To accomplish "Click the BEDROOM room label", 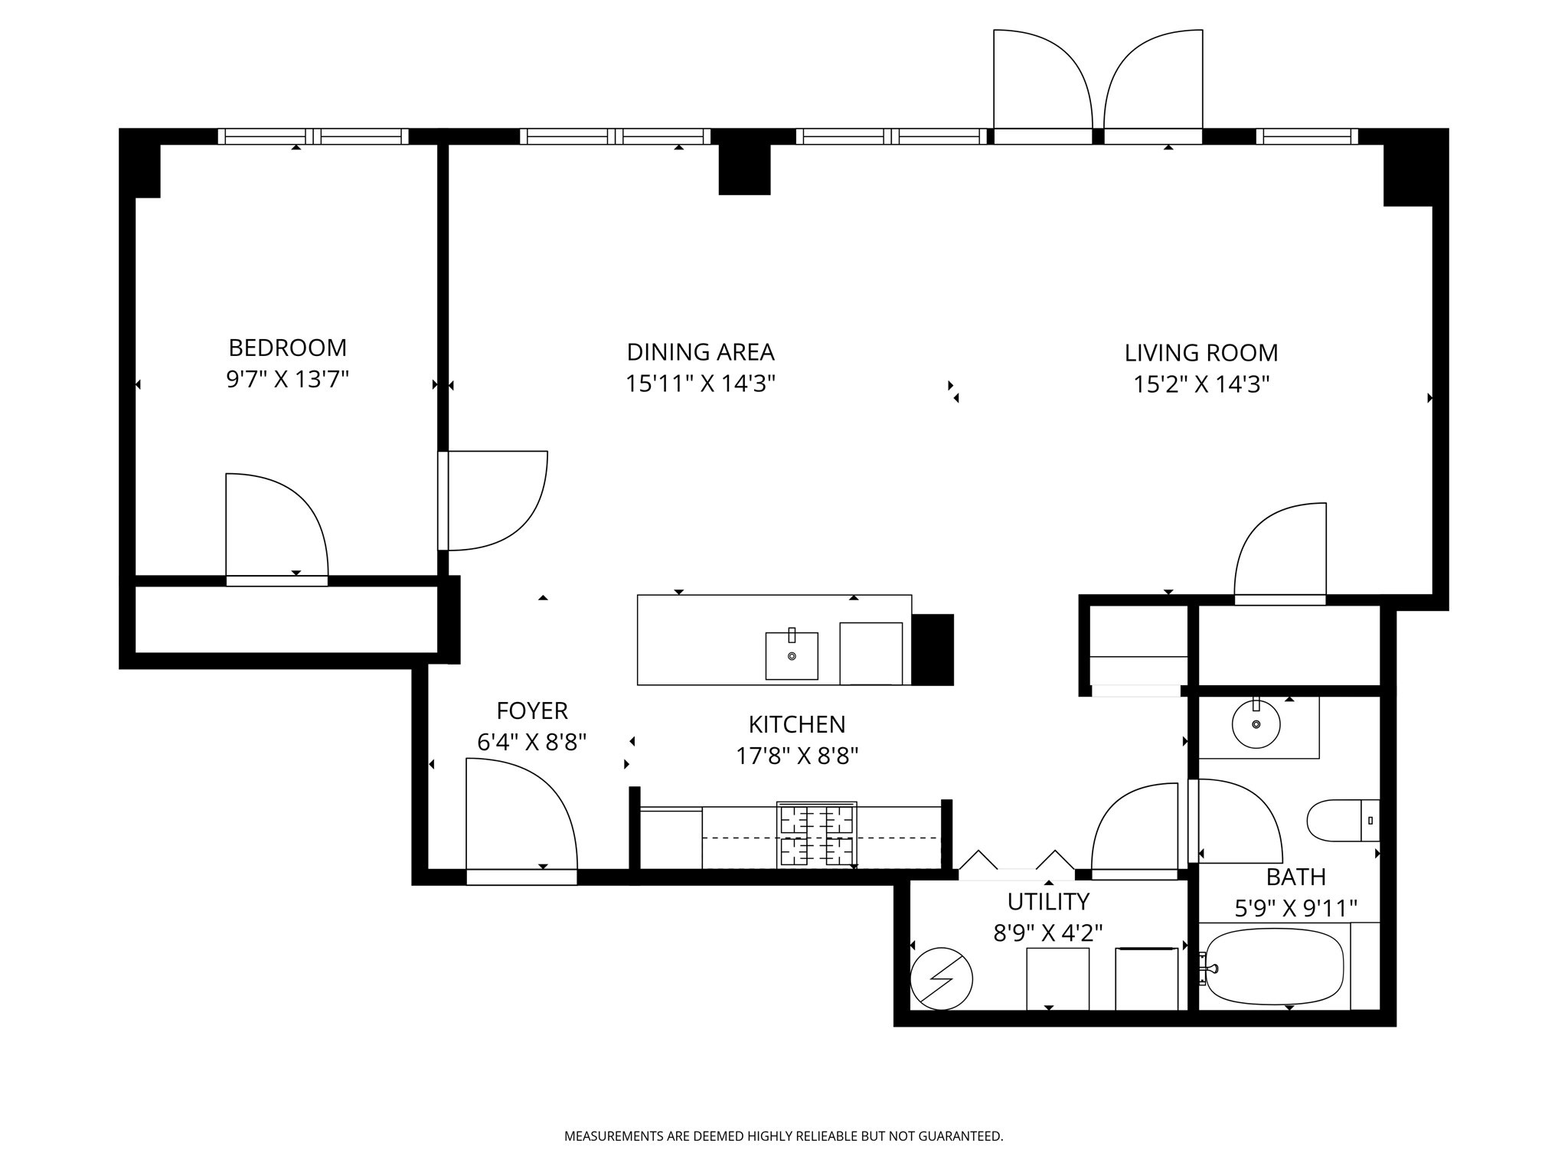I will pos(287,348).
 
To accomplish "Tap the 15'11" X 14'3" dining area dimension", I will pos(701,384).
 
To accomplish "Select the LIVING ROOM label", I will pos(1200,353).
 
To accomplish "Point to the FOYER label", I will pos(532,711).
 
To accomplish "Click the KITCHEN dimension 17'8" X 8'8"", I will pos(796,756).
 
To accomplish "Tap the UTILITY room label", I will pos(1047,902).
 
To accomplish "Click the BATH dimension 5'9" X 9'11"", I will pos(1295,909).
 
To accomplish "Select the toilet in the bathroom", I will pos(1342,820).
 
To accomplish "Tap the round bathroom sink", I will pos(1256,724).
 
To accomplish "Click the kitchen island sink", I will pos(792,656).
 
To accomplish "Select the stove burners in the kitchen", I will pos(816,835).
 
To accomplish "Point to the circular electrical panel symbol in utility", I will pos(941,979).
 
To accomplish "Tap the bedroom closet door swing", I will pos(276,528).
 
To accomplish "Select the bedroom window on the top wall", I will pos(313,136).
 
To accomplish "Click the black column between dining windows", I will pos(744,168).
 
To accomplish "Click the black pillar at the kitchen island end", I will pos(933,649).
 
